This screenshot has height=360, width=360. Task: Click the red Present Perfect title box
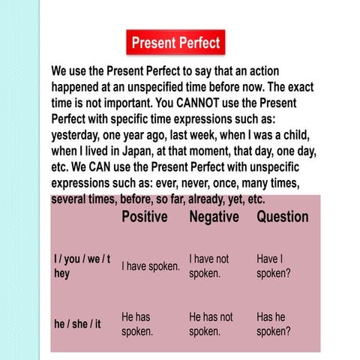175,43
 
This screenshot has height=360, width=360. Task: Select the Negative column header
214,217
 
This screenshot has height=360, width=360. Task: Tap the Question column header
282,217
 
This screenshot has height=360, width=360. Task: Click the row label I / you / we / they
82,266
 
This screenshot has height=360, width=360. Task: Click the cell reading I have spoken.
151,266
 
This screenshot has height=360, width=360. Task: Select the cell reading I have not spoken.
209,266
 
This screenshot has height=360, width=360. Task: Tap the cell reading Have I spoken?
273,266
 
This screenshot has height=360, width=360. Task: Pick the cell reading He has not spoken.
211,324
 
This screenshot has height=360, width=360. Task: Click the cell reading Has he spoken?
273,324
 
